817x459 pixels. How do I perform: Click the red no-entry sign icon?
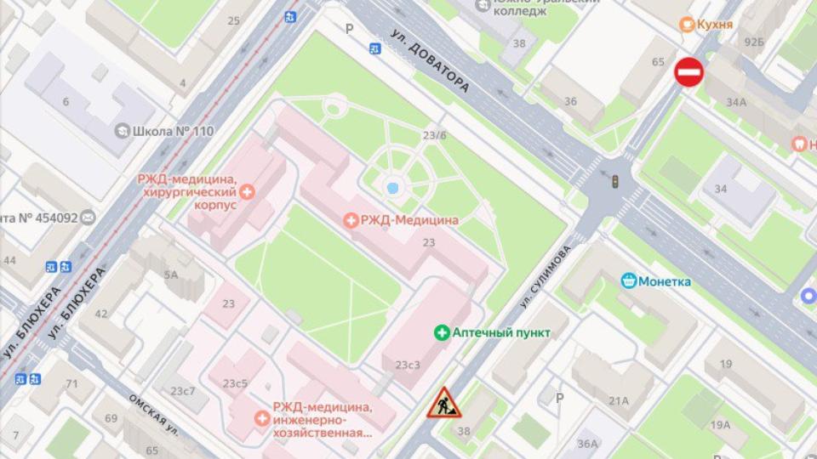tap(688, 72)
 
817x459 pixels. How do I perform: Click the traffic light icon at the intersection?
tap(614, 180)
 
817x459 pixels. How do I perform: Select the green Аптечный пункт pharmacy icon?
tap(442, 332)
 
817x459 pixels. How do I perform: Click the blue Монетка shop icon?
tap(629, 280)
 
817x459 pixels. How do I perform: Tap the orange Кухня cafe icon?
tap(684, 25)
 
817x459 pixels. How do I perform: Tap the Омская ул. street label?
tap(153, 413)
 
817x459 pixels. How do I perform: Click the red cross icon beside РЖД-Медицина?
tap(350, 220)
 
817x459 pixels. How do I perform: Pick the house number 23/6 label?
tap(434, 135)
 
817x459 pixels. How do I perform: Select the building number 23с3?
tap(408, 365)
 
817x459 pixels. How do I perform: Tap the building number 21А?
tap(618, 401)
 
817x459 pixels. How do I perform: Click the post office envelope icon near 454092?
tap(88, 218)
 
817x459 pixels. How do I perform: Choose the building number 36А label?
tap(587, 444)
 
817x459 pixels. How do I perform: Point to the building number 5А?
tap(171, 274)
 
